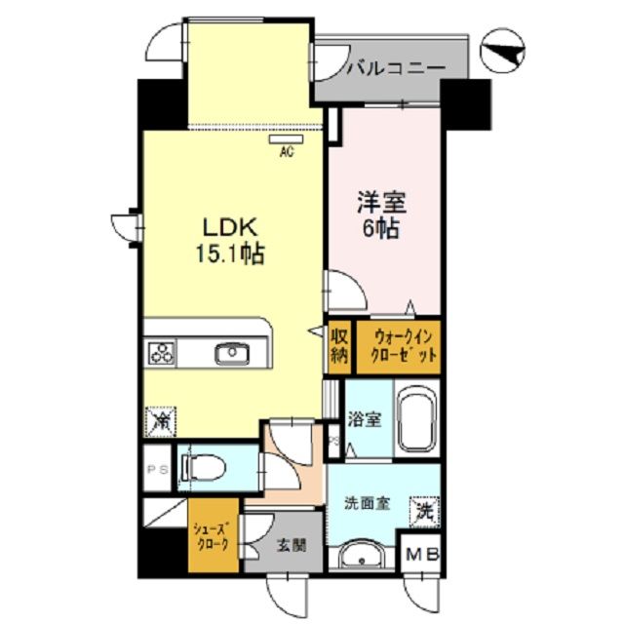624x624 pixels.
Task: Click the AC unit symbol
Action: click(287, 140)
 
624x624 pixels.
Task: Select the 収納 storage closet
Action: click(338, 346)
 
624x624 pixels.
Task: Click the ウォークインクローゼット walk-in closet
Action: click(397, 346)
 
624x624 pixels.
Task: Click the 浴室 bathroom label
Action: click(367, 421)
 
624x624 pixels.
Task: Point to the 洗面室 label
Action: click(368, 504)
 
